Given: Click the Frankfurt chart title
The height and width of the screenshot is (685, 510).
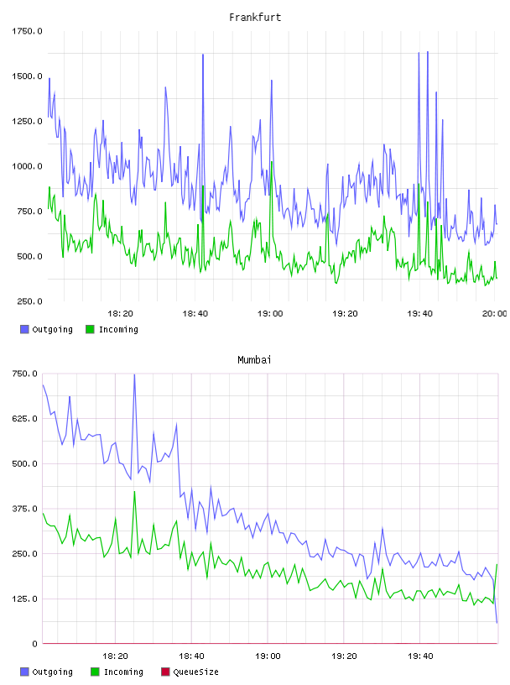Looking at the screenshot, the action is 255,18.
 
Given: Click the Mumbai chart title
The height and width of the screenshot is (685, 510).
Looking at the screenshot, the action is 254,360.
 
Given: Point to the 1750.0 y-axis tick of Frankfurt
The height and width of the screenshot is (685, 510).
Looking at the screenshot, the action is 27,31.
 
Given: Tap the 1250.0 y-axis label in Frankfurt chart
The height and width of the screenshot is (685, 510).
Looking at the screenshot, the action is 27,121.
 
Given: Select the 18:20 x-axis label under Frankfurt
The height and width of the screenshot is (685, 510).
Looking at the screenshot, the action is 120,313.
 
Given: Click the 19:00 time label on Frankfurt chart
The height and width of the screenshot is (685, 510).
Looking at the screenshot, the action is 270,313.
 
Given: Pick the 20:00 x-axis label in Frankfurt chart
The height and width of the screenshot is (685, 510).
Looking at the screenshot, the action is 494,313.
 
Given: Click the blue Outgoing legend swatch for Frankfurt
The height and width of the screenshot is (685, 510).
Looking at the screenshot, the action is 24,329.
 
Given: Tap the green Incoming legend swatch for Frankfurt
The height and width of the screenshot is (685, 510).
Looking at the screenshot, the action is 90,329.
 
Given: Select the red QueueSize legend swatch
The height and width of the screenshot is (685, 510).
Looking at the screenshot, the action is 165,672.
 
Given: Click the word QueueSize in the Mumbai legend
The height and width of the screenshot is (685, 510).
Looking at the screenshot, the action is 195,672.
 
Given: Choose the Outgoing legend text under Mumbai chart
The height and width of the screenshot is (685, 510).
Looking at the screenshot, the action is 52,672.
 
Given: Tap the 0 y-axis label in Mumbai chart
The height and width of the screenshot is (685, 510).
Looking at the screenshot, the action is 34,644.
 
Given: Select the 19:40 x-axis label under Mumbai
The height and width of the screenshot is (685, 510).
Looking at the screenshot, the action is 420,656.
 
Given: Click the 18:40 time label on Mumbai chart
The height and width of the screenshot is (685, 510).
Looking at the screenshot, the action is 191,656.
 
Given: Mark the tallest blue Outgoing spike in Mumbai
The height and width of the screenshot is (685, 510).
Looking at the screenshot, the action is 134,375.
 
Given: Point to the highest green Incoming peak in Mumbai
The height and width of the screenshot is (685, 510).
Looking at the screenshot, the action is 134,492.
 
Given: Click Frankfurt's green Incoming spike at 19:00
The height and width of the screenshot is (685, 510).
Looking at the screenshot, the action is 272,163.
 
